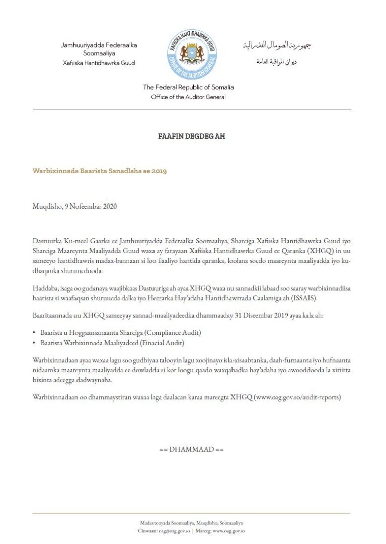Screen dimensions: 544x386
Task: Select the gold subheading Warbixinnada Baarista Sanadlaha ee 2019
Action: click(x=100, y=171)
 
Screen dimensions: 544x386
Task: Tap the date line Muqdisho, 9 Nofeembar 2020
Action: click(x=75, y=207)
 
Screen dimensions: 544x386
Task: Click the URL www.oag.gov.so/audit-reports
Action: click(x=297, y=397)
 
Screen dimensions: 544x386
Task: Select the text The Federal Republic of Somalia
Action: click(x=188, y=87)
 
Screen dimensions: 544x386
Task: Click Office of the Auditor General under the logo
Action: click(x=188, y=97)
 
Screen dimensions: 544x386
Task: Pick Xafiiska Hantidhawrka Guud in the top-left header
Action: click(x=99, y=63)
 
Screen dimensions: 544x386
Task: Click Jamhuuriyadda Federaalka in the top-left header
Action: click(x=99, y=45)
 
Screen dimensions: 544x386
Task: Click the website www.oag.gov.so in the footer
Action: click(x=228, y=531)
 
